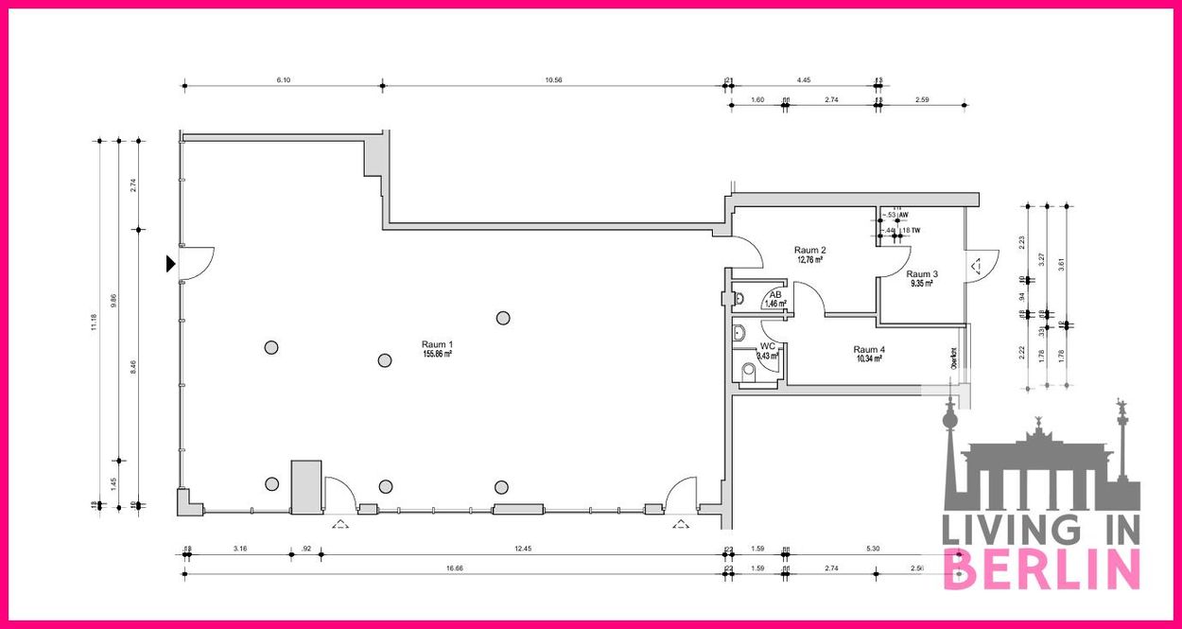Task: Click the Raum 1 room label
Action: [x=438, y=344]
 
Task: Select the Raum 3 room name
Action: [x=922, y=274]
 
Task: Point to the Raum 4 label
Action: [x=869, y=349]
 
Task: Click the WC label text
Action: [x=768, y=346]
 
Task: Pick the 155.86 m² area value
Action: [x=438, y=354]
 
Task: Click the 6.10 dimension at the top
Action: [x=283, y=80]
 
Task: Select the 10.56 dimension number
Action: [x=554, y=80]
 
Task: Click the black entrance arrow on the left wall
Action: [x=171, y=264]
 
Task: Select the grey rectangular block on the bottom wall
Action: [x=305, y=487]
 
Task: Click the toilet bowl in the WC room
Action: [x=749, y=370]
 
